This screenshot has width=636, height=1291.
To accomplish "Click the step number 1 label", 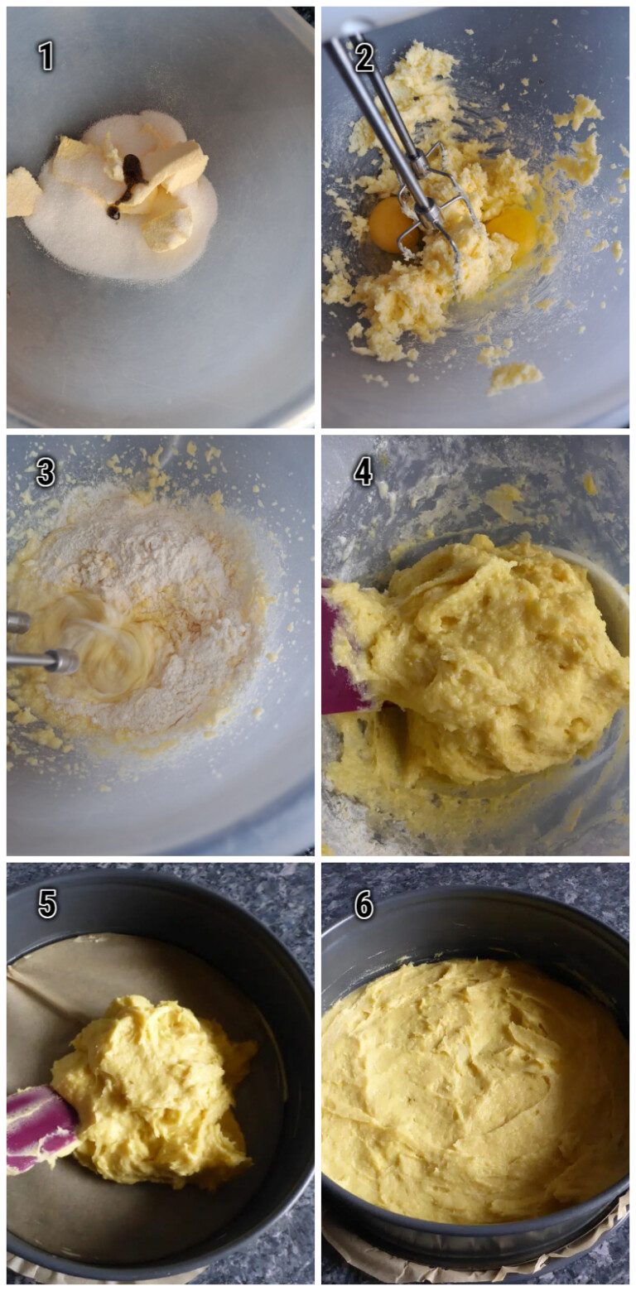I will pos(46,55).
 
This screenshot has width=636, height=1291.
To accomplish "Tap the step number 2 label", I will pos(364,57).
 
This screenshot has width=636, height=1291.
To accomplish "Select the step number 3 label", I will pos(46,472).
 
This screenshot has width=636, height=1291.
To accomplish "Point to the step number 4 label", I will pos(364,471).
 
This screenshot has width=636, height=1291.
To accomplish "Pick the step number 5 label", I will pos(47,903).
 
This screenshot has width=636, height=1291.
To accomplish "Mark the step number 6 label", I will pos(364,904).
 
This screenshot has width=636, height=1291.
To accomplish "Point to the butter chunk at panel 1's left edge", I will pos(22,192).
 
